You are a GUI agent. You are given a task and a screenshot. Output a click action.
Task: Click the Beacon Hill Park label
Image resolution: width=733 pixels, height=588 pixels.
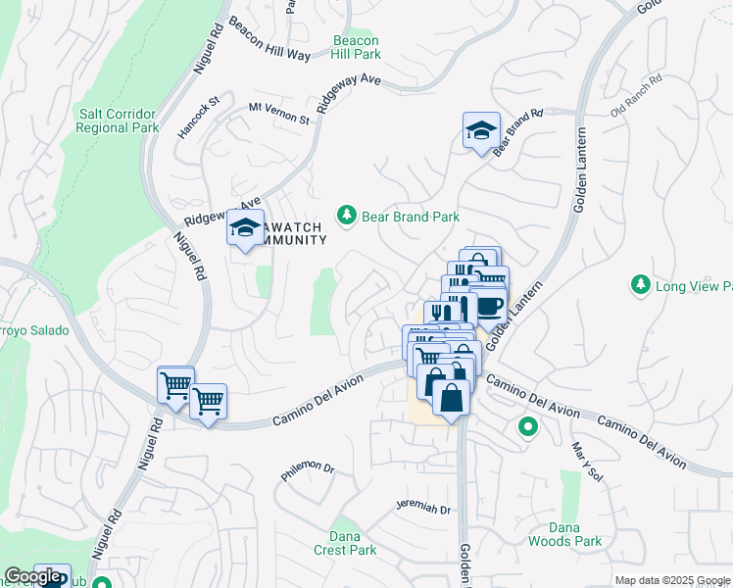point(356,47)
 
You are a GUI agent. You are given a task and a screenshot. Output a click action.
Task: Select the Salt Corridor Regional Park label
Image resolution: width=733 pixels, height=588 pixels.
point(119,121)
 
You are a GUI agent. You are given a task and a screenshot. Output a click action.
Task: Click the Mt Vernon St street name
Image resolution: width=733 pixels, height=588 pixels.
point(278,113)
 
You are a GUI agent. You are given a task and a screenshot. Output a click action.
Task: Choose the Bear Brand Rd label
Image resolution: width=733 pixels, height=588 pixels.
point(517,131)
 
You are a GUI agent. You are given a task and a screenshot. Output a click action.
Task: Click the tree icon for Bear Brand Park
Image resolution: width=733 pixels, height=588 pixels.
point(345,214)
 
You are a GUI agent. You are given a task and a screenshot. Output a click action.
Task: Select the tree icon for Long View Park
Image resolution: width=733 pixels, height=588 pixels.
point(640,284)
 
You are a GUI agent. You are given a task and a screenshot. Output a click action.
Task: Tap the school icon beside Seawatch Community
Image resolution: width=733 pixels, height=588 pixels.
point(244,230)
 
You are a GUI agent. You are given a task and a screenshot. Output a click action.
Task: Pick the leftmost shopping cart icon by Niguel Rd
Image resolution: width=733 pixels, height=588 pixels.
point(175,384)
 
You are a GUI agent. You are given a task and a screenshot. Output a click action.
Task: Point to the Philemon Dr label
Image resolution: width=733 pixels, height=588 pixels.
point(308,469)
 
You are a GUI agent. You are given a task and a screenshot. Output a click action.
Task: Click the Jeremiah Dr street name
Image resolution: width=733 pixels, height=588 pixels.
point(422,509)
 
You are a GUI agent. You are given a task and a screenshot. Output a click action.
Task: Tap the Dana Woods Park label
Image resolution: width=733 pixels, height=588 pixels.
point(564,533)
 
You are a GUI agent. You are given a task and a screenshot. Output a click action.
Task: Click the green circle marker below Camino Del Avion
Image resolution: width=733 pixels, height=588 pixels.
point(527,428)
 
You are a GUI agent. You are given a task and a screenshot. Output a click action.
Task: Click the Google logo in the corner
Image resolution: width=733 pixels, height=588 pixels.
point(33,576)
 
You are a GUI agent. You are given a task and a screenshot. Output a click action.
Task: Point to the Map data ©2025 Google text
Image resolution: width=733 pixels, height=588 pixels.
point(671,580)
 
